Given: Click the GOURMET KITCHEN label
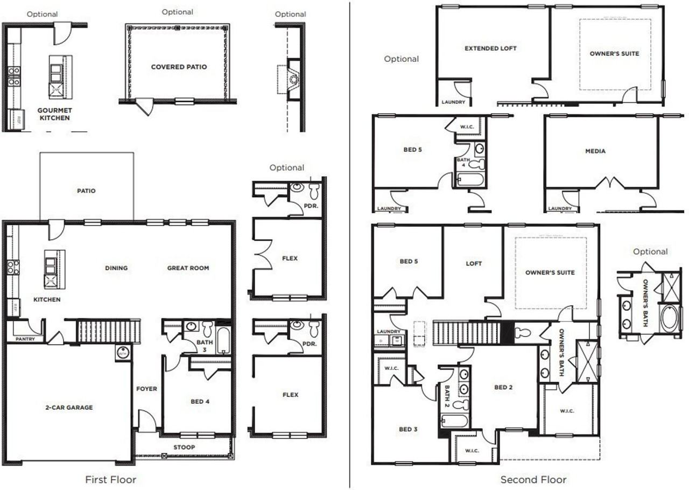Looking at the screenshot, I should pyautogui.click(x=54, y=114).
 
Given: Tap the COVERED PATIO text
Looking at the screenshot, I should pyautogui.click(x=179, y=67).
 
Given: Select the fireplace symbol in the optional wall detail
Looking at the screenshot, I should pyautogui.click(x=293, y=80).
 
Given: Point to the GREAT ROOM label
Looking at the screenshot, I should pyautogui.click(x=188, y=268).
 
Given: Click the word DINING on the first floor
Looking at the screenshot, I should pyautogui.click(x=116, y=268).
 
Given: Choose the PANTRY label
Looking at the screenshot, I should pyautogui.click(x=25, y=339).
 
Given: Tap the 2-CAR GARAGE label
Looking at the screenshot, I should pyautogui.click(x=68, y=408).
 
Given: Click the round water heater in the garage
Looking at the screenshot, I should pyautogui.click(x=123, y=353).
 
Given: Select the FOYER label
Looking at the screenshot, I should pyautogui.click(x=146, y=389).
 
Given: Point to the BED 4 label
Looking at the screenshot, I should pyautogui.click(x=200, y=401).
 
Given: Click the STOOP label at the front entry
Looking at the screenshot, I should pyautogui.click(x=184, y=447).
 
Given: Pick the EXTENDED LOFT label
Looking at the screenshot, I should pyautogui.click(x=490, y=48).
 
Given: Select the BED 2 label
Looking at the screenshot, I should pyautogui.click(x=503, y=387).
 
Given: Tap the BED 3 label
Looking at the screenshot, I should pyautogui.click(x=408, y=429).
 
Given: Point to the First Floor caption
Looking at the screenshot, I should pyautogui.click(x=111, y=479).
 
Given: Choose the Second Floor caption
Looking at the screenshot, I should pyautogui.click(x=533, y=479).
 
